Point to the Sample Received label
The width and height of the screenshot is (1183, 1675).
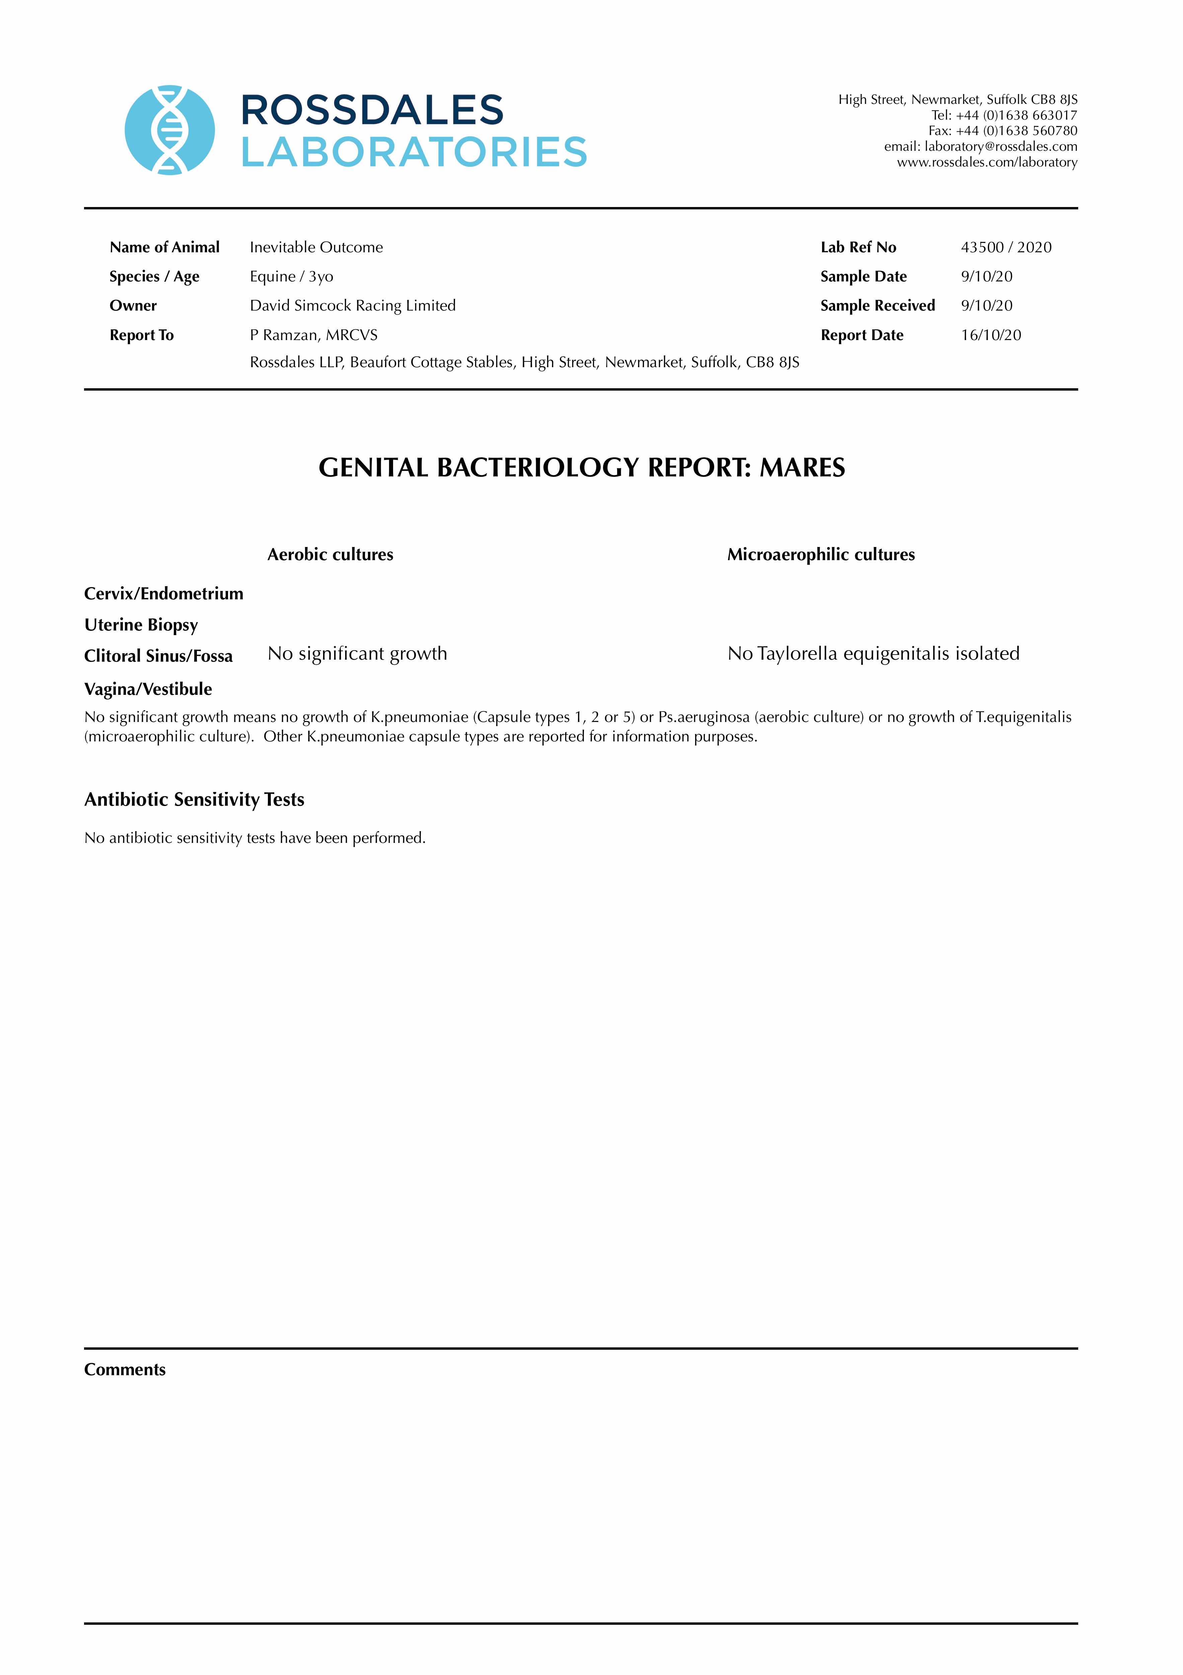[877, 306]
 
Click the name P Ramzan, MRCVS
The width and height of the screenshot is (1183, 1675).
[314, 335]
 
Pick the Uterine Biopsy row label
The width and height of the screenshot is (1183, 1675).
[141, 625]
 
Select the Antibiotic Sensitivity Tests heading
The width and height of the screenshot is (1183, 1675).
[194, 800]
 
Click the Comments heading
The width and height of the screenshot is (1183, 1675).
[125, 1369]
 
